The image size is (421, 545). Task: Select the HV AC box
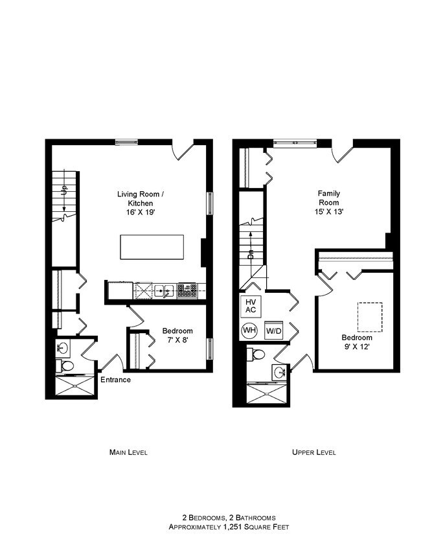250,306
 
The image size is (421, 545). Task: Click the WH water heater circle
249,330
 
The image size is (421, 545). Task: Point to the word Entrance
115,380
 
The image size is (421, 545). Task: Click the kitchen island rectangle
152,248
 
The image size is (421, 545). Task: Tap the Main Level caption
128,452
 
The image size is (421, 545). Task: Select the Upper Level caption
313,452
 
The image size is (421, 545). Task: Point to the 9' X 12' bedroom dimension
357,347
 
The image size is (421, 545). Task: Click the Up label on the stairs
64,191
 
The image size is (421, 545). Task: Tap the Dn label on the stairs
251,254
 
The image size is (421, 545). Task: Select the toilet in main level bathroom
65,366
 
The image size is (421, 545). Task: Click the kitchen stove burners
187,291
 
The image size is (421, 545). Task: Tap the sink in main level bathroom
63,347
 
